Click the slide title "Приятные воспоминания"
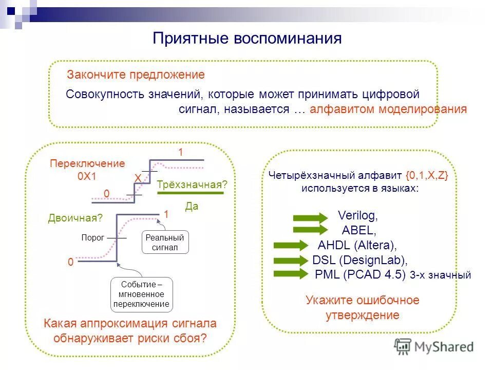tap(246, 39)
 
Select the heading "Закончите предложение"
tap(136, 75)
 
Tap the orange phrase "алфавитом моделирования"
tap(388, 109)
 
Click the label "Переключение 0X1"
tap(87, 169)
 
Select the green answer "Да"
tap(191, 206)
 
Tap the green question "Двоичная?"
tap(75, 218)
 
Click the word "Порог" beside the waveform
tap(92, 237)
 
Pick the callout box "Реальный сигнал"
tap(165, 242)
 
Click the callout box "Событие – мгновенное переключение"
tap(141, 294)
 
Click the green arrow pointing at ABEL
tap(310, 230)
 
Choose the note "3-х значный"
tap(441, 275)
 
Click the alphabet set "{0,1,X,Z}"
tap(427, 175)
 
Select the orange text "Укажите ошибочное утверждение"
tap(362, 307)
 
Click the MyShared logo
tap(434, 346)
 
